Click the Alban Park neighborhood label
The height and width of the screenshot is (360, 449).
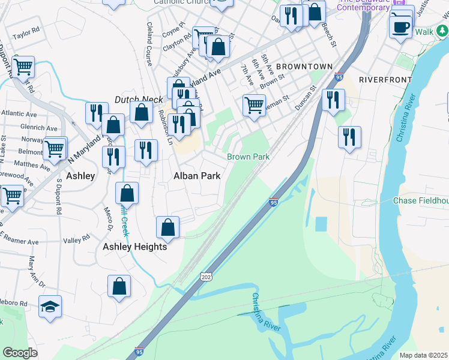point(197,176)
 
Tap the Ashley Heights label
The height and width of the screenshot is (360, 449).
point(134,247)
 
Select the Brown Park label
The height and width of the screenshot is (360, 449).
point(247,157)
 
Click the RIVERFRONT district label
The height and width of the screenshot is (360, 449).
point(385,79)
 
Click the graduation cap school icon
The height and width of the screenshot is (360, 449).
point(50,307)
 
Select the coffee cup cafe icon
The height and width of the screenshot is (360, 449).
point(400,26)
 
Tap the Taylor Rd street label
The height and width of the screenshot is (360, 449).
point(26,33)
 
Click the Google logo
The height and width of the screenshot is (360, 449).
point(20,353)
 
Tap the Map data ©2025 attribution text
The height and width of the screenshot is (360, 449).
point(423,355)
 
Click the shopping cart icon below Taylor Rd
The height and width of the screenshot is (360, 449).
point(23,68)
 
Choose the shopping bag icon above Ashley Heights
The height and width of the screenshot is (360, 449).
point(167,227)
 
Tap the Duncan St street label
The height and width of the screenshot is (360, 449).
point(306,98)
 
